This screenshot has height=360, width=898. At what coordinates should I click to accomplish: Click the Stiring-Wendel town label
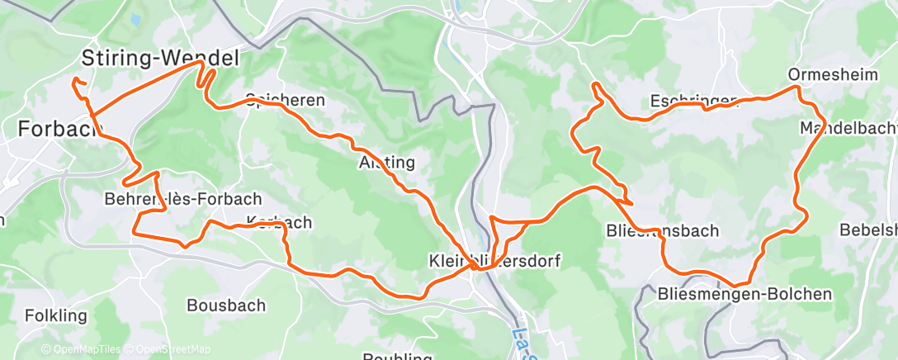click(x=160, y=58)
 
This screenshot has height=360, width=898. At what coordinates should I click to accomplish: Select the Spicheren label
click(x=285, y=100)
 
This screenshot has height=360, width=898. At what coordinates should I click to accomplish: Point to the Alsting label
click(x=386, y=161)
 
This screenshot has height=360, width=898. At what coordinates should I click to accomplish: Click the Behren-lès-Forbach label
click(x=182, y=199)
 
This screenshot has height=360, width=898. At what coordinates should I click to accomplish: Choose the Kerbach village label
click(x=279, y=222)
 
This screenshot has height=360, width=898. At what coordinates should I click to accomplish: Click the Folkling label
click(x=55, y=315)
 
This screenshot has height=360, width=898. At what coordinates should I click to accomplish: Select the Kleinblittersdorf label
click(x=494, y=261)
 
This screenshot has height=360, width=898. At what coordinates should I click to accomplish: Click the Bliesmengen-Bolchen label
click(x=744, y=294)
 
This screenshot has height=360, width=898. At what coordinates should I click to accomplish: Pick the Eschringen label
click(x=692, y=102)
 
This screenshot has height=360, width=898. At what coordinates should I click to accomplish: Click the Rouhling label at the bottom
click(x=398, y=356)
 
